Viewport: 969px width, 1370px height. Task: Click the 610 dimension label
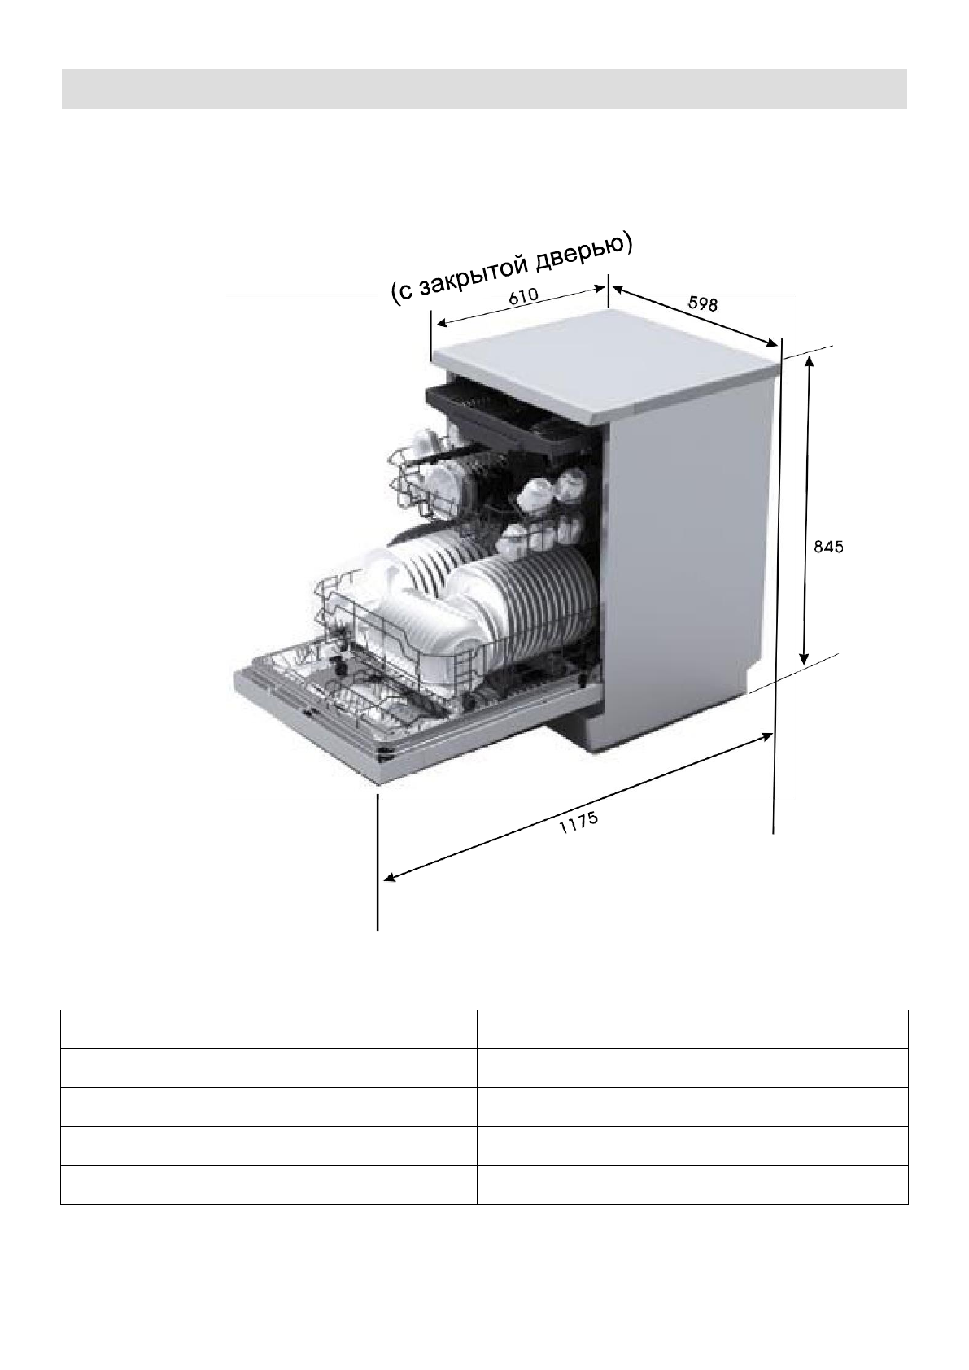pyautogui.click(x=523, y=297)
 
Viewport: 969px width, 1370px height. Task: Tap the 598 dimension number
pyautogui.click(x=703, y=303)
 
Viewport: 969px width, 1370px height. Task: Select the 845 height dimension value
pyautogui.click(x=829, y=548)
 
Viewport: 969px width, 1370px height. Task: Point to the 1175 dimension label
pyautogui.click(x=579, y=824)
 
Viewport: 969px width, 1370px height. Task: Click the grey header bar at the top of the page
pyautogui.click(x=484, y=89)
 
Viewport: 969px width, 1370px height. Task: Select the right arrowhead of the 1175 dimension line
pyautogui.click(x=767, y=735)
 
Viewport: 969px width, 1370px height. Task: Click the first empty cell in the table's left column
pyautogui.click(x=268, y=1028)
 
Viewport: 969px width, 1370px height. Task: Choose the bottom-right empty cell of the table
pyautogui.click(x=692, y=1185)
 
